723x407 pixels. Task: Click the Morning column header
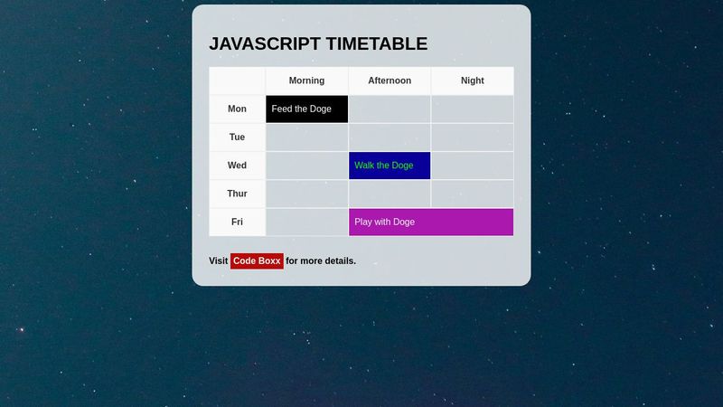point(306,80)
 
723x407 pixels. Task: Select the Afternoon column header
point(390,80)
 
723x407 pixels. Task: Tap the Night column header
point(472,80)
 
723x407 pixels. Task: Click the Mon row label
point(237,109)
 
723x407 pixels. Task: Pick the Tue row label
point(237,137)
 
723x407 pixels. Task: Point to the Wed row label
point(237,166)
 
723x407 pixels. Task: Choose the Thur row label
point(237,194)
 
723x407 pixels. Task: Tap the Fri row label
point(237,222)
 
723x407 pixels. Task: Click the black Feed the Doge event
point(306,109)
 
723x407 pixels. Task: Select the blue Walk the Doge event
point(390,166)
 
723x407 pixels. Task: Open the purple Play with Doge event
point(431,222)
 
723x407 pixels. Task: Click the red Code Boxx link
point(257,261)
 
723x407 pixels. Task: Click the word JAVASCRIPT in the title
point(265,43)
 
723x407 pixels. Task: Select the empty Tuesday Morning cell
point(306,137)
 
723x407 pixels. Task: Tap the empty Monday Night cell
point(472,109)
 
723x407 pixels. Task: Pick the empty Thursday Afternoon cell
point(390,194)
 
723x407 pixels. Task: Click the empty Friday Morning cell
point(306,222)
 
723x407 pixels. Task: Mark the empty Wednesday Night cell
point(472,166)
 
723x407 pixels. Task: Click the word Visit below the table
point(218,261)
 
